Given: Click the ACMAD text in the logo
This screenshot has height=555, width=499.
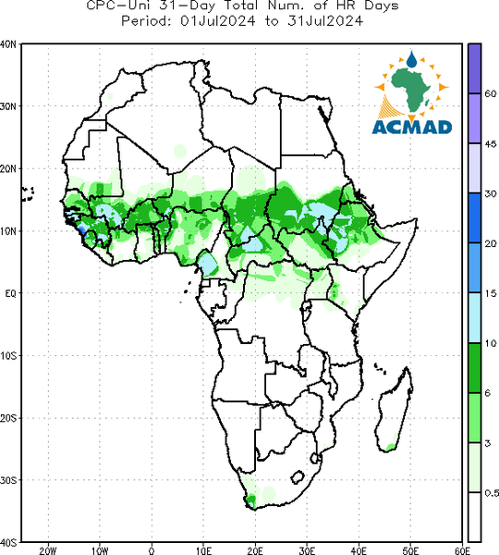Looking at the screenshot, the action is point(412,128).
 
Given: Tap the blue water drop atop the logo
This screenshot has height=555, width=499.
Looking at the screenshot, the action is point(411,60).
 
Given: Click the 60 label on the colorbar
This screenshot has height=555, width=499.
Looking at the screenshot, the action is point(490,93).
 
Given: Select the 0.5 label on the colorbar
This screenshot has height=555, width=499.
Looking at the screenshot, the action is point(492,493).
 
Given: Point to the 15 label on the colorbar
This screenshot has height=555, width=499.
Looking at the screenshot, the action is point(490,293).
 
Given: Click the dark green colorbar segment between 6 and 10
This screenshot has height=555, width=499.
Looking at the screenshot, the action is point(475,368).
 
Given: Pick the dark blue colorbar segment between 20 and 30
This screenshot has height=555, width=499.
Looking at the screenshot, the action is point(475,218).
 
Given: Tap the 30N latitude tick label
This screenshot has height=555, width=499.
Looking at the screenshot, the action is point(8,106).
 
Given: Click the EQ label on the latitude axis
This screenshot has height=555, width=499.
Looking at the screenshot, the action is point(10,293).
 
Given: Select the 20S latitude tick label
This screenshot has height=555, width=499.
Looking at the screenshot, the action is point(8,418).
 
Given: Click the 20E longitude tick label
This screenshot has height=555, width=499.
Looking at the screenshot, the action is point(255,550).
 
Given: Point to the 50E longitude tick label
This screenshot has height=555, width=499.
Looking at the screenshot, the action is point(410,550).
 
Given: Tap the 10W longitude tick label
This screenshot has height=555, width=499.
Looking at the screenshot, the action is point(100,550).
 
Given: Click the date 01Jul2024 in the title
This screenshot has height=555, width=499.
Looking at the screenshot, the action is point(217,21).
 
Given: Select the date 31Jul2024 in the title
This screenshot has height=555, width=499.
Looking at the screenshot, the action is point(325,21).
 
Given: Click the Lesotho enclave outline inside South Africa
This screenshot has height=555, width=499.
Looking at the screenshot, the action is point(298,476).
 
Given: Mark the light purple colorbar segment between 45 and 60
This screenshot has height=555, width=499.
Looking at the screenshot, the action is point(475,118).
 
